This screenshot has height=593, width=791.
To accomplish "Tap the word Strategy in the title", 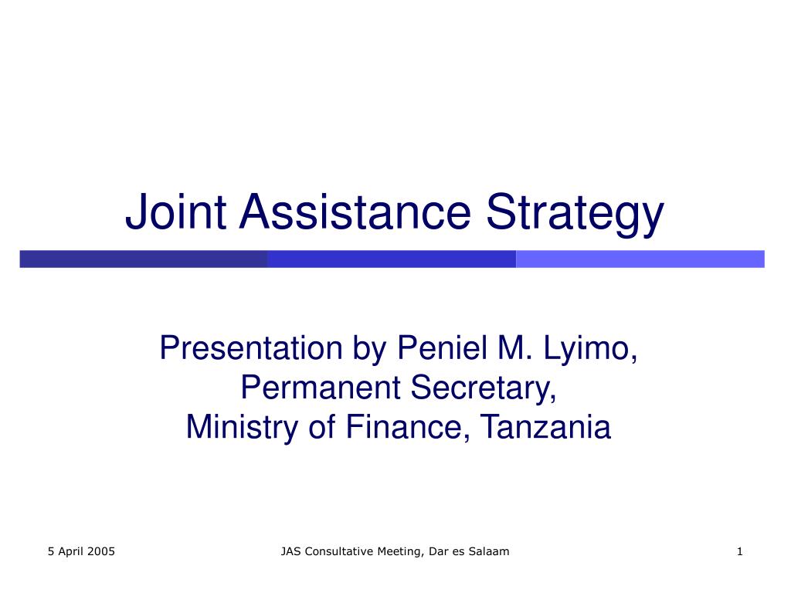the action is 575,215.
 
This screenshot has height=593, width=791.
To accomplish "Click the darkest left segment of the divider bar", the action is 143,259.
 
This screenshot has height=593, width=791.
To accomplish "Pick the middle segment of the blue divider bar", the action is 392,259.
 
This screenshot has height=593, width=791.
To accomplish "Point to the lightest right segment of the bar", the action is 640,259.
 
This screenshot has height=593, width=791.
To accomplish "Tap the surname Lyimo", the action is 590,349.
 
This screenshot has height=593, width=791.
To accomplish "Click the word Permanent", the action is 321,387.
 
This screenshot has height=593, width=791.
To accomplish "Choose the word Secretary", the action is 484,389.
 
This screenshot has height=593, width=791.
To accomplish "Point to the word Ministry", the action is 242,428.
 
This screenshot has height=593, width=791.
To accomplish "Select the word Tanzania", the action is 545,426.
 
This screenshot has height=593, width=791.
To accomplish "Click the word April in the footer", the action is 70,551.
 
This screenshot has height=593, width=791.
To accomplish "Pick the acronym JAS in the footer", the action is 291,551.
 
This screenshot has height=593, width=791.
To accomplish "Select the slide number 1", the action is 739,551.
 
